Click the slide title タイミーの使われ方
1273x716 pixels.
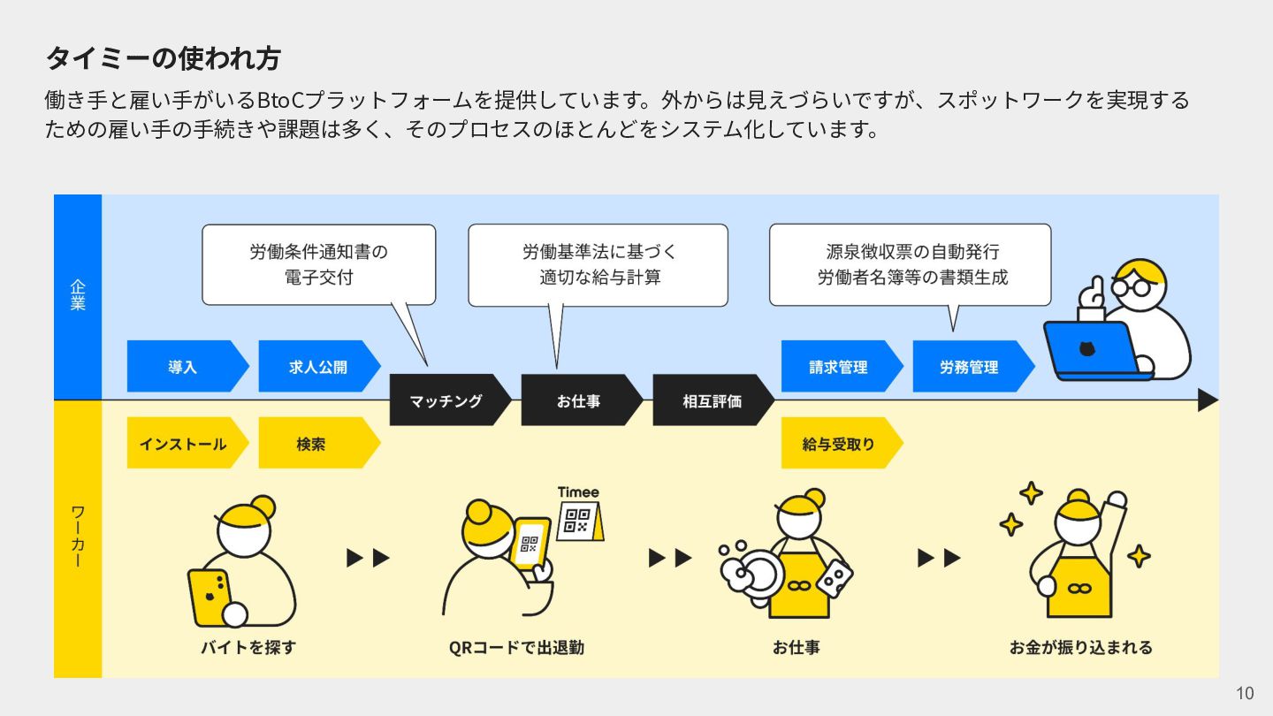tap(163, 58)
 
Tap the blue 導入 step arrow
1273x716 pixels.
tap(183, 367)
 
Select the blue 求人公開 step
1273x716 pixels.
tap(316, 367)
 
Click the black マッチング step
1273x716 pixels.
tap(447, 400)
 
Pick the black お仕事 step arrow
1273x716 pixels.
tap(579, 400)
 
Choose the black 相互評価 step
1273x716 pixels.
tap(711, 400)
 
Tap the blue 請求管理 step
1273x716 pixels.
tap(838, 367)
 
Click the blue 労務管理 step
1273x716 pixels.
tap(969, 367)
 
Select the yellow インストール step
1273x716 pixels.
tap(183, 443)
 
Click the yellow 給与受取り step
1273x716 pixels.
tap(838, 443)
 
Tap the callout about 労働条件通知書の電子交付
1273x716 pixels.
tap(318, 264)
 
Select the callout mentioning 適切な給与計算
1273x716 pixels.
tap(598, 264)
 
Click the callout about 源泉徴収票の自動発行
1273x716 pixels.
tap(911, 264)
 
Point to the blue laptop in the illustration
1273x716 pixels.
tap(1093, 350)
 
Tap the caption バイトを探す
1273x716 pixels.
tap(248, 647)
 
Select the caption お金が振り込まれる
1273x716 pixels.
tap(1081, 647)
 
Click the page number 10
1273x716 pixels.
tap(1245, 693)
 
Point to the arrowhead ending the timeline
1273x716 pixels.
tap(1208, 400)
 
